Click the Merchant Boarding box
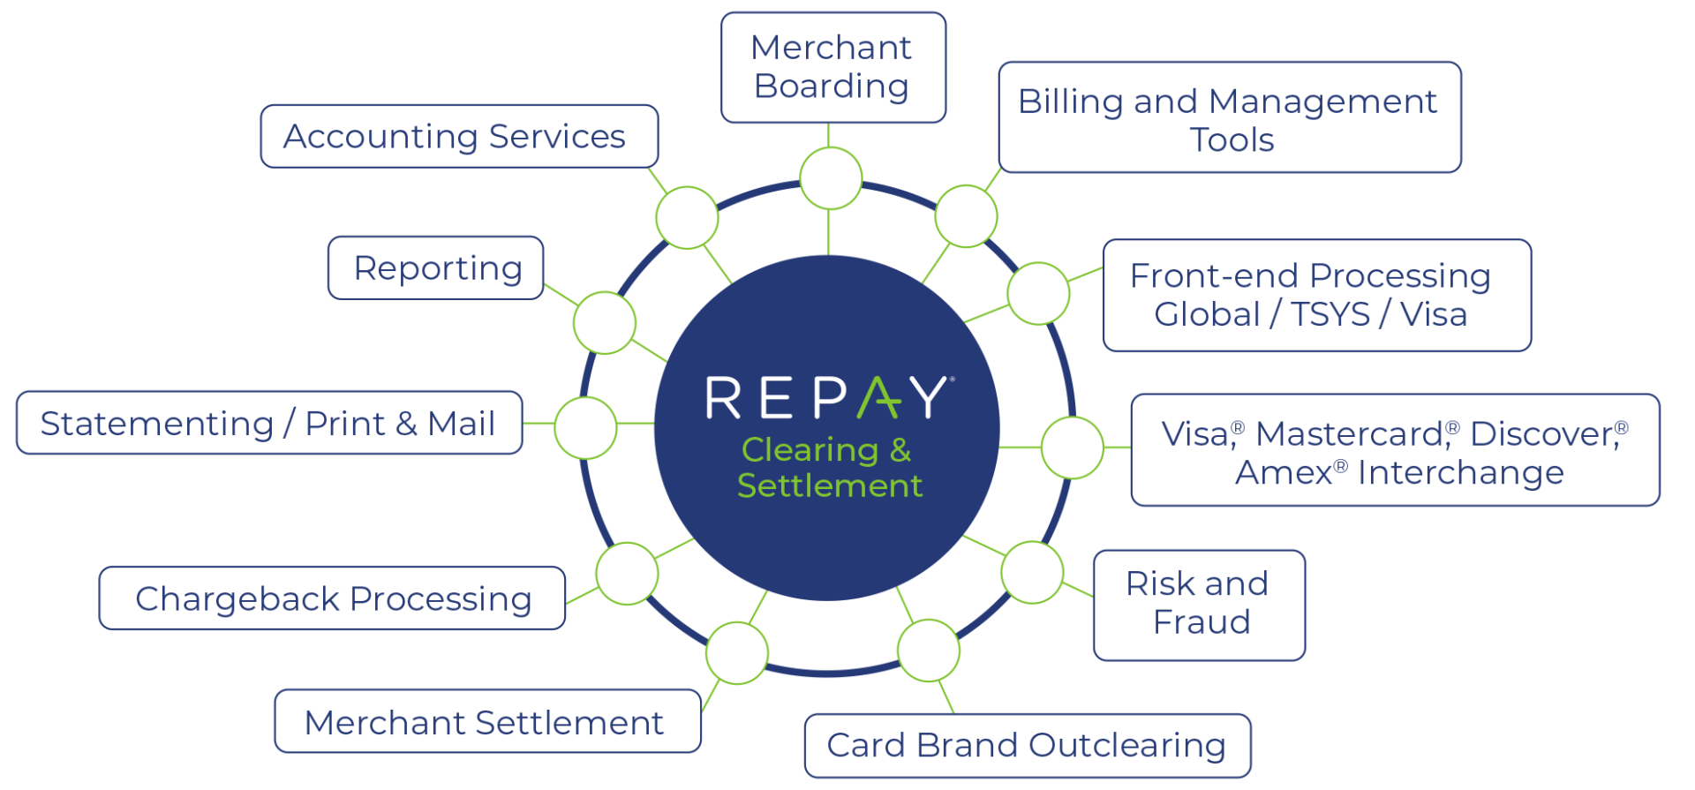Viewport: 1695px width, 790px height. (x=832, y=67)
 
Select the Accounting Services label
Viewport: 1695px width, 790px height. (x=458, y=137)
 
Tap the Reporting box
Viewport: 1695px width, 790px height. (x=436, y=268)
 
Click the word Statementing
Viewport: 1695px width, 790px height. (x=157, y=424)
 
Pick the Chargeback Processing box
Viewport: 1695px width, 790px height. (x=332, y=598)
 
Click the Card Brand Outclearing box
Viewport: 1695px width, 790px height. (x=1027, y=745)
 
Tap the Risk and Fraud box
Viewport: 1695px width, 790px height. (x=1198, y=605)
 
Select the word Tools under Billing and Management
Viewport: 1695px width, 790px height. (x=1232, y=140)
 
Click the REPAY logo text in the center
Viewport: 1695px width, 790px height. (x=827, y=398)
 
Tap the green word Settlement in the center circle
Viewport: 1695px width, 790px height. (x=830, y=486)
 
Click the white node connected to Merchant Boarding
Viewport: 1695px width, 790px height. (x=831, y=178)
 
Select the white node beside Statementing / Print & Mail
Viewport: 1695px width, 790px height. (x=585, y=428)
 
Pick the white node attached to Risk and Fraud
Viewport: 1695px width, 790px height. (x=1032, y=573)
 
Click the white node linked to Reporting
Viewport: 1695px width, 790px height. (x=605, y=323)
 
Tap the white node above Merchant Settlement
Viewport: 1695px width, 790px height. (x=737, y=653)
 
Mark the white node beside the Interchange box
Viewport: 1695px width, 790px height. (x=1072, y=448)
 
